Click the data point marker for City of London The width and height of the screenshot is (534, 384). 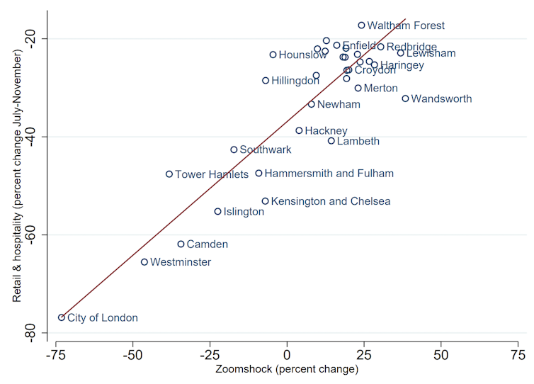coord(62,317)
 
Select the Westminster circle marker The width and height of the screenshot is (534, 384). coord(144,262)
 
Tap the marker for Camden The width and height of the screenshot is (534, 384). coord(181,244)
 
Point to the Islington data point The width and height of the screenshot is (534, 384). coord(218,211)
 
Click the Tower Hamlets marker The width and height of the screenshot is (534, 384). coord(169,174)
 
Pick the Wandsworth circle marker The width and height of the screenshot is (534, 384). coord(405,98)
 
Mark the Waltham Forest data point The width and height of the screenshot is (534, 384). coord(361,25)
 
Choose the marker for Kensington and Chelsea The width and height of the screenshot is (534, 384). coord(266,201)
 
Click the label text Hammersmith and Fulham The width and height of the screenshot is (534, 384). coord(329,174)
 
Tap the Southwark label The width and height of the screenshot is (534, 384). coord(266,150)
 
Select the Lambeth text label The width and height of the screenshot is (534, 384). coord(358,141)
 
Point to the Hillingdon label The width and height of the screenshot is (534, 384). coord(295,81)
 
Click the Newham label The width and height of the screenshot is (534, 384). coord(339,105)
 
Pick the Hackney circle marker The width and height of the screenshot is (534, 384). coord(299,130)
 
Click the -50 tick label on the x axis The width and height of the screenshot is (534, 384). coord(133,354)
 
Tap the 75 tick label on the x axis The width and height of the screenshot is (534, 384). coord(518,354)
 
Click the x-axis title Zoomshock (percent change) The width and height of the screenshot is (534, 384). coord(288,370)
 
